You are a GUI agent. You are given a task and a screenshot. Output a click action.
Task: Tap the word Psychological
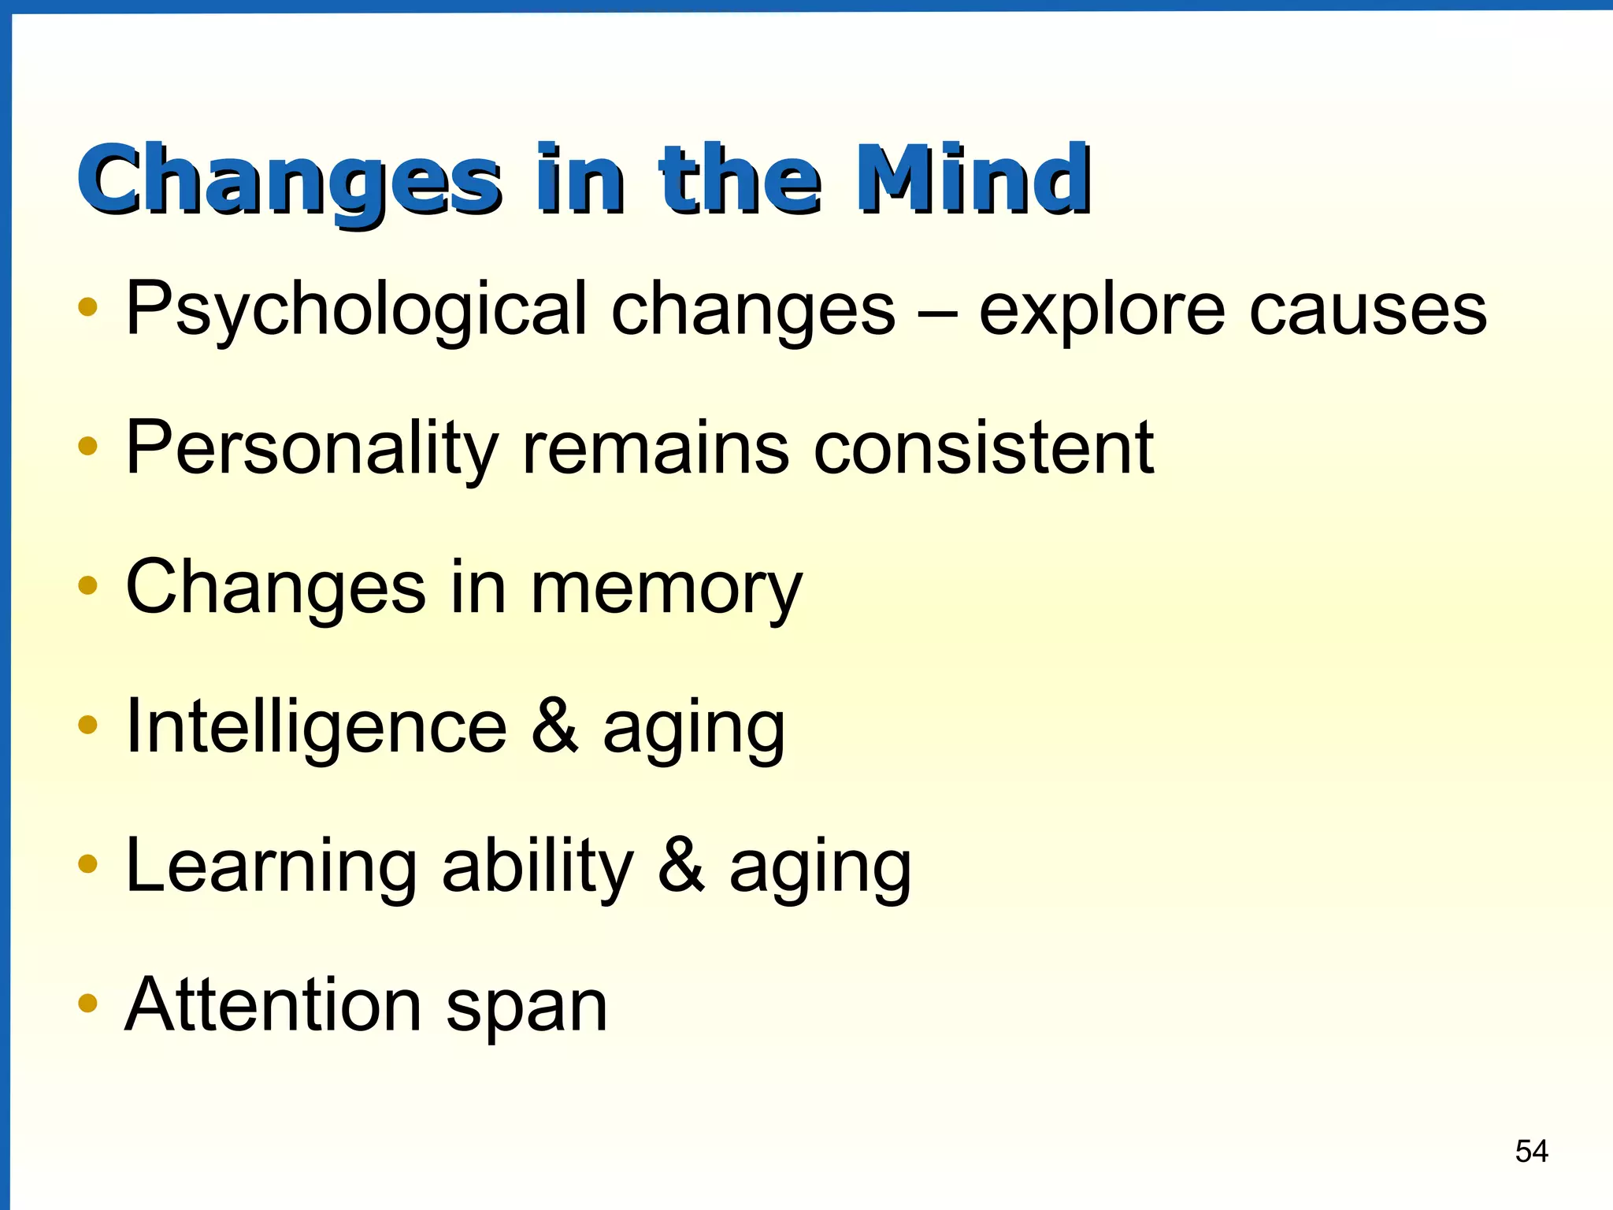357,310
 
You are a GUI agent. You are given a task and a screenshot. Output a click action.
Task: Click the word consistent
984,447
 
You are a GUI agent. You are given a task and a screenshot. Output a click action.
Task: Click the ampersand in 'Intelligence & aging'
554,726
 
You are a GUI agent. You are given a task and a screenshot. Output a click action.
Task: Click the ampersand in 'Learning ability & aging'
680,866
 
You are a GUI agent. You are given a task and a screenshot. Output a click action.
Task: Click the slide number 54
1531,1152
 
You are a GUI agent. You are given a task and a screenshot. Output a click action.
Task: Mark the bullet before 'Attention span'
87,1004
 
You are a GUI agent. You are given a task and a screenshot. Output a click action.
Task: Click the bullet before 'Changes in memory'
87,585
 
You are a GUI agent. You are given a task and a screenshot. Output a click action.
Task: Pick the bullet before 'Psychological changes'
87,306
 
